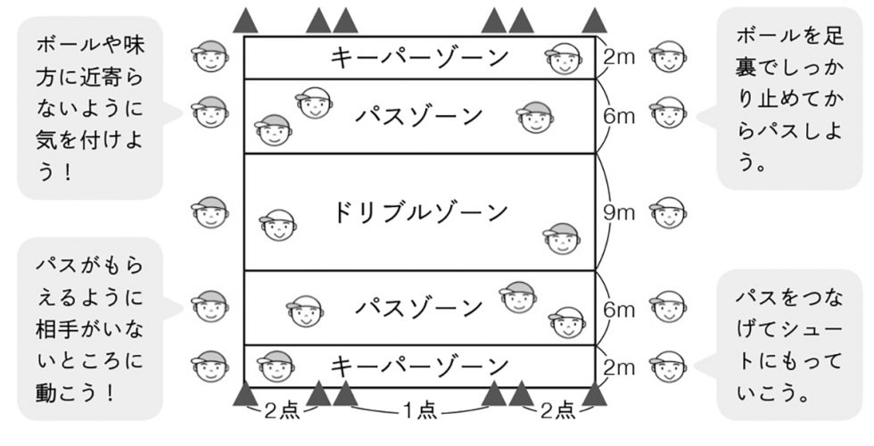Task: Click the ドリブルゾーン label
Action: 419,212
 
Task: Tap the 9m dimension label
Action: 616,212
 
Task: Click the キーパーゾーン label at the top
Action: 419,58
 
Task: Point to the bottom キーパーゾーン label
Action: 419,366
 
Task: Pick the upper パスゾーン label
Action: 419,116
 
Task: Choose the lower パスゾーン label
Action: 419,309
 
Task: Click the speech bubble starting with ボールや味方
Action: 89,107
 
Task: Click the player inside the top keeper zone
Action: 563,59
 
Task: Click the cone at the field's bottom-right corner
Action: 594,393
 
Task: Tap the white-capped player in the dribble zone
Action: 277,227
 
